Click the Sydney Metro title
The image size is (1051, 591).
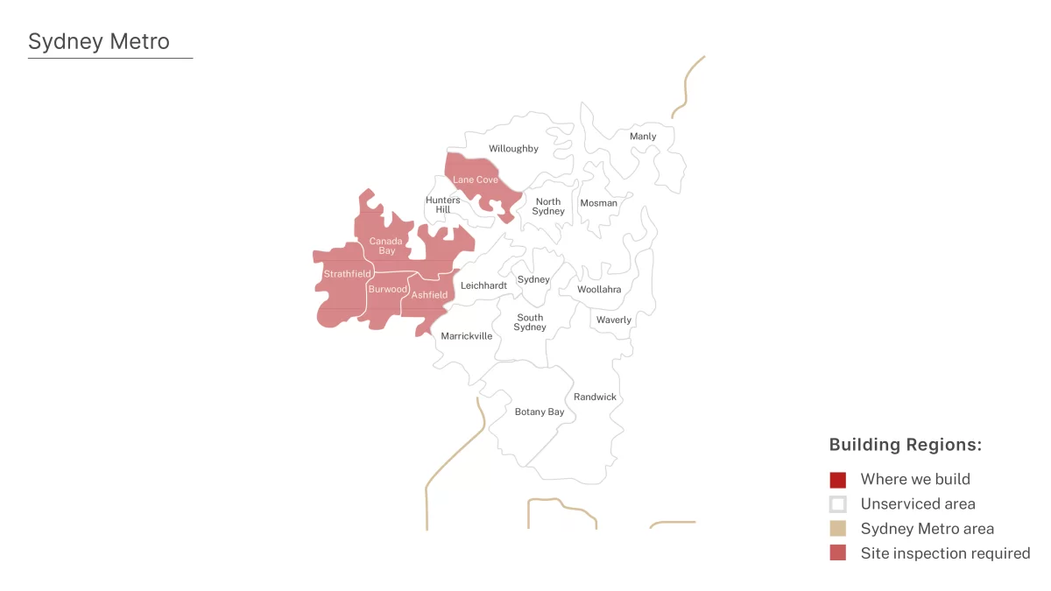click(x=99, y=41)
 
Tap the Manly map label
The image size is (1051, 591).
click(x=643, y=137)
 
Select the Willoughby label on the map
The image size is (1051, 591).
click(x=513, y=149)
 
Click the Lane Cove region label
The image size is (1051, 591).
click(x=475, y=179)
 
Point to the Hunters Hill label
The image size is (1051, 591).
click(x=442, y=205)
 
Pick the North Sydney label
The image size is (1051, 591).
click(x=548, y=207)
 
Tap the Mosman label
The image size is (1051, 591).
click(x=598, y=203)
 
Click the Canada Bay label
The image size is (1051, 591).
click(x=386, y=246)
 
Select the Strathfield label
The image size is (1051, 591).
click(x=347, y=274)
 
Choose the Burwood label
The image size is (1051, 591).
click(x=387, y=289)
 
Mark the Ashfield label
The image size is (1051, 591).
click(x=429, y=295)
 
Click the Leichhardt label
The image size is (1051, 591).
click(x=483, y=285)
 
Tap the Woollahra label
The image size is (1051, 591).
click(x=599, y=290)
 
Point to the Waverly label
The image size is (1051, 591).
click(x=613, y=320)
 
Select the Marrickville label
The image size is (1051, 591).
click(x=466, y=336)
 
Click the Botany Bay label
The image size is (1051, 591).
click(x=540, y=412)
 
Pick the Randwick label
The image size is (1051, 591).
click(x=595, y=397)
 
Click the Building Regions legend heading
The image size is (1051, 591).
click(x=905, y=445)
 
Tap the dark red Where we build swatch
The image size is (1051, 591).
click(x=838, y=480)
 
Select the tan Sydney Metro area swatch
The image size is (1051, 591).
click(x=838, y=529)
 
